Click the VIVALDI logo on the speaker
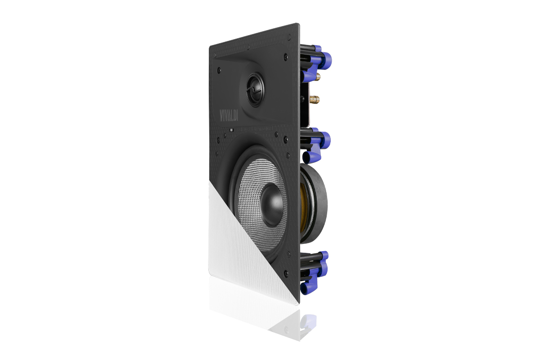229,115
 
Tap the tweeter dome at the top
255,90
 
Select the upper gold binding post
318,77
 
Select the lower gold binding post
315,99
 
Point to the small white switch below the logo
231,130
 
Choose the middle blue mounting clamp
315,145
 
